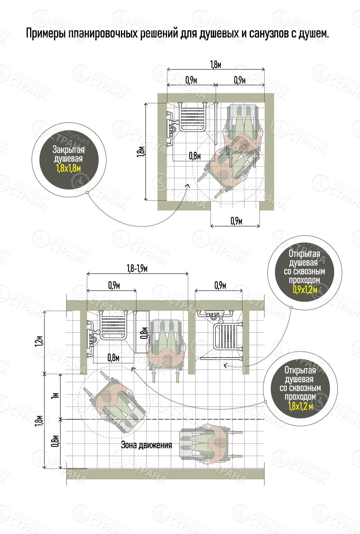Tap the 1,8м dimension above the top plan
(x=216, y=65)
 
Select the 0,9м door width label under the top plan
(x=236, y=221)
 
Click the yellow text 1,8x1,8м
(x=68, y=168)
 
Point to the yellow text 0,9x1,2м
(x=305, y=289)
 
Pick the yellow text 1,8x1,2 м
(x=300, y=406)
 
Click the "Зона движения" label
(x=146, y=445)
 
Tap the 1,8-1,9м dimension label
(x=137, y=268)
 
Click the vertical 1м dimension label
(x=55, y=396)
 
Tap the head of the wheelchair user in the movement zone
(x=220, y=443)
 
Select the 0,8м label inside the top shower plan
(x=195, y=156)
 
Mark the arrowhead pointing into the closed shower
(x=188, y=185)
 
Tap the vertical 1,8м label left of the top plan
(x=141, y=151)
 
